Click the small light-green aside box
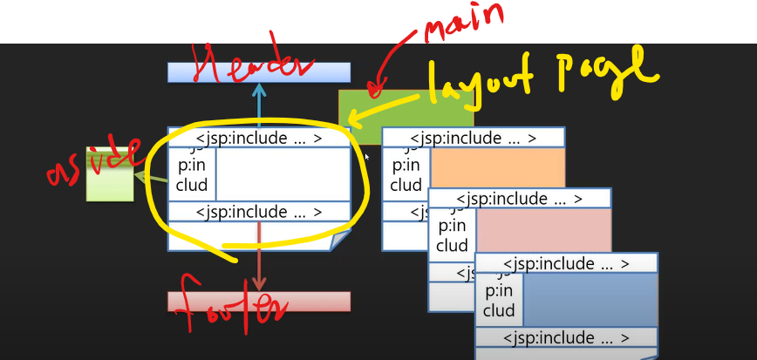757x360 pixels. coord(110,185)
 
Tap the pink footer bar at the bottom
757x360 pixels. coord(259,302)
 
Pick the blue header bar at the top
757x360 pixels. coord(259,71)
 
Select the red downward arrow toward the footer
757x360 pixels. coord(259,253)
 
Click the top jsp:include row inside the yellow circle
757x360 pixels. coord(259,138)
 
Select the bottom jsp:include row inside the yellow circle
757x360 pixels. coord(259,212)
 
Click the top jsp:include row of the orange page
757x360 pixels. coord(473,138)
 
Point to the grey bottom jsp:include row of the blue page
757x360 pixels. coord(566,337)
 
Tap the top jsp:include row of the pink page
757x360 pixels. coord(520,199)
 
